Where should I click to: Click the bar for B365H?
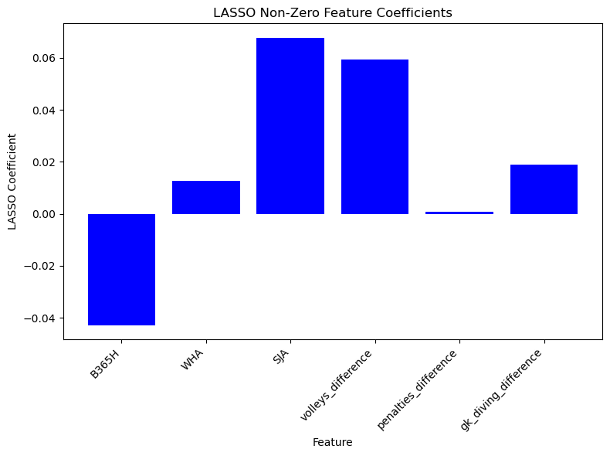tap(121, 269)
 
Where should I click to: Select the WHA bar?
tap(206, 197)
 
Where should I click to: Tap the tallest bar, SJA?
tap(290, 126)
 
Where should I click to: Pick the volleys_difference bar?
tap(374, 137)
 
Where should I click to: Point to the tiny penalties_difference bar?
tap(459, 213)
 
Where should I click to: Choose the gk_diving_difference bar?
tap(544, 189)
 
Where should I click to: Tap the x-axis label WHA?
tap(196, 359)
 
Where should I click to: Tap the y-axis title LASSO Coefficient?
tap(12, 181)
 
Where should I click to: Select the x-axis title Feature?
tap(333, 442)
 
